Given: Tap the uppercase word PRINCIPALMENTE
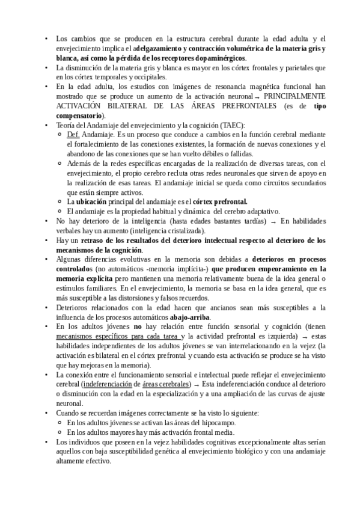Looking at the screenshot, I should click(x=295, y=96).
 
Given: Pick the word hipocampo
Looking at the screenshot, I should click(x=215, y=423).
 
